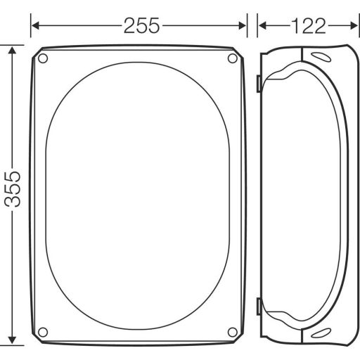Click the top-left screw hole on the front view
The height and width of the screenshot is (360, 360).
(43, 58)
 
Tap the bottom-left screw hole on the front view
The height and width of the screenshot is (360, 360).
(43, 331)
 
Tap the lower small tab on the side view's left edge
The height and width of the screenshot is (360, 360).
(259, 307)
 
